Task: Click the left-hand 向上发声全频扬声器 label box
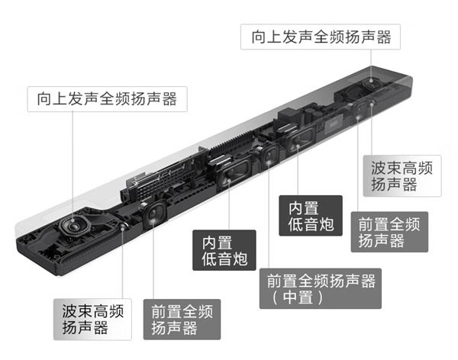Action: [x=107, y=99]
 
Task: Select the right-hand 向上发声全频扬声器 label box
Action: [x=321, y=37]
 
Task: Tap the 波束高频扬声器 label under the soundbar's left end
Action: [x=92, y=319]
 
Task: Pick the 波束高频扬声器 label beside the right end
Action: [x=402, y=175]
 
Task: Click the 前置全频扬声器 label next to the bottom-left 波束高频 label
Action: [x=182, y=319]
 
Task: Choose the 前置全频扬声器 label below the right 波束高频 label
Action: [x=389, y=232]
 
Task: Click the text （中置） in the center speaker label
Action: [x=298, y=297]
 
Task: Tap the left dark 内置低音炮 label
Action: [x=224, y=250]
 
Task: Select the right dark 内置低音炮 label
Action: [x=311, y=216]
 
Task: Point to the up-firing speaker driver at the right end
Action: [x=372, y=82]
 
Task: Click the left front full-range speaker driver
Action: [x=153, y=215]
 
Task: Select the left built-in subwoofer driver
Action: [x=233, y=173]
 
